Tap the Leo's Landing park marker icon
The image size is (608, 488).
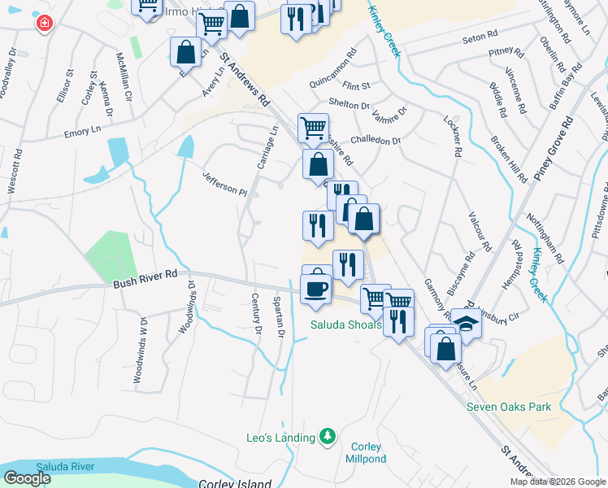click(328, 438)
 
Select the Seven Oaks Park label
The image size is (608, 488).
click(509, 407)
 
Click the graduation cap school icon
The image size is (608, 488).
click(467, 323)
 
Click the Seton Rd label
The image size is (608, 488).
click(479, 36)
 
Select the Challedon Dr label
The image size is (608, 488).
click(375, 140)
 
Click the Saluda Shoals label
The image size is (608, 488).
click(345, 325)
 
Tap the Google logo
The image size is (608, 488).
click(27, 478)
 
